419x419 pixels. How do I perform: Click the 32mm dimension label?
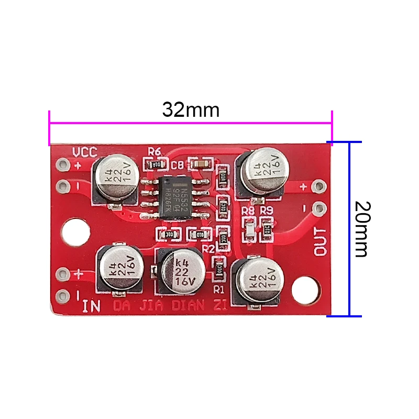190,111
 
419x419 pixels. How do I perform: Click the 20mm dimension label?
360,228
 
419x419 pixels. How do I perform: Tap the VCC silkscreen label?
84,152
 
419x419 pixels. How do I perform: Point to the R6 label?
155,151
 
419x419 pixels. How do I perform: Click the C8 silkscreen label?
177,166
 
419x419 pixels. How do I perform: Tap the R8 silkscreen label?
248,211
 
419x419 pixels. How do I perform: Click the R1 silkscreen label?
218,289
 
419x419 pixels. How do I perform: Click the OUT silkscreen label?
320,242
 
